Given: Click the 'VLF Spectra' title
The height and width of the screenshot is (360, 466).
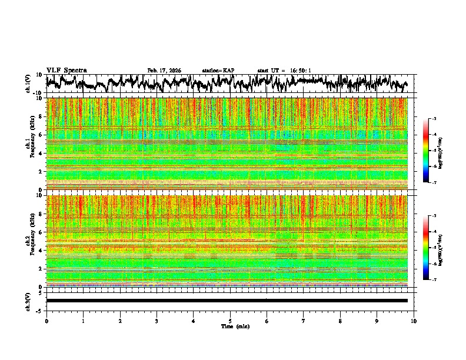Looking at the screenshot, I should coord(66,71).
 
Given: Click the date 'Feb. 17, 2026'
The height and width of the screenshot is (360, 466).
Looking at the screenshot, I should coord(164,71).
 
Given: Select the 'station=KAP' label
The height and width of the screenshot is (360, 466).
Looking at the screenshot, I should coord(218,71).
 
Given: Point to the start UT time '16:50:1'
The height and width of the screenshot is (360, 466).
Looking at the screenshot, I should coord(300,71).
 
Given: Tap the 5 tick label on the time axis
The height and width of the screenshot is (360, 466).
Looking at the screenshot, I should coord(230,321).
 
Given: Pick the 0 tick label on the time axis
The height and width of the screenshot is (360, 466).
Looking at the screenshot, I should coord(46,321).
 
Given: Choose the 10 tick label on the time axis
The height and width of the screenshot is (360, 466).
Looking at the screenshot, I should coord(414,321).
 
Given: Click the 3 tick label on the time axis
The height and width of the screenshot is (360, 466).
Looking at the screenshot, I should coord(157,321).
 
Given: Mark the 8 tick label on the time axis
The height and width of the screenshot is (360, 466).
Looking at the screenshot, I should coord(340,321).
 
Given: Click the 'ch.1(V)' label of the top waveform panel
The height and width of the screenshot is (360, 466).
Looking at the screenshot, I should coord(28,84).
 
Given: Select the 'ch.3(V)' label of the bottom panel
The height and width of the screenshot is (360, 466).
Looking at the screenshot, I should coord(28,301).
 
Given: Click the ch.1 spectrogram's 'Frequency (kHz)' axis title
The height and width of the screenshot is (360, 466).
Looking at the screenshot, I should coord(34,144).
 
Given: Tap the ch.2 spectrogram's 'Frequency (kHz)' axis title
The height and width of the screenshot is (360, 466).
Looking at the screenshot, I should coord(34,241).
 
